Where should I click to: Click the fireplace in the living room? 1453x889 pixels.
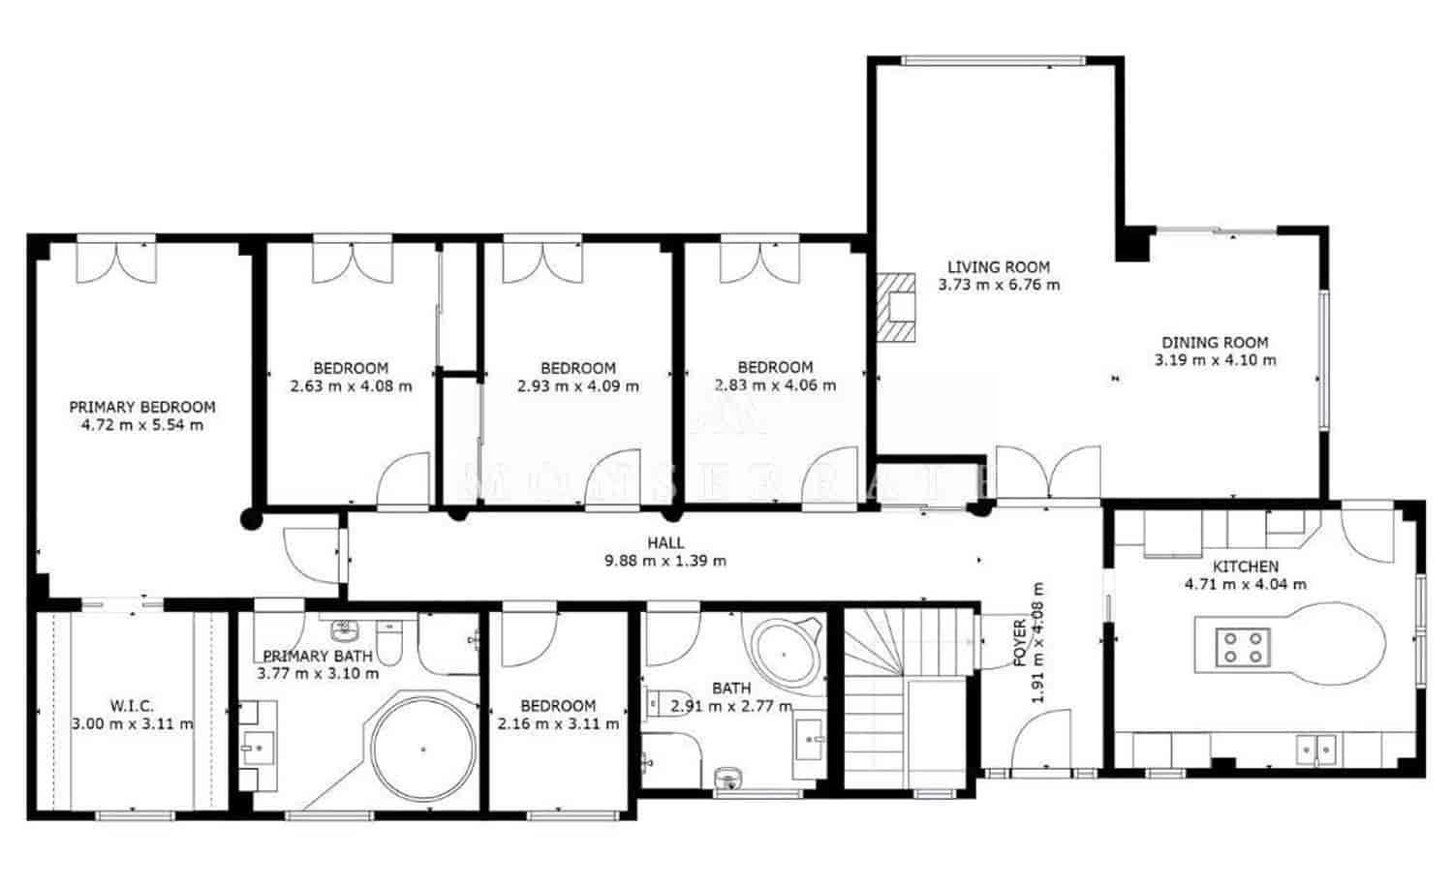coord(896,307)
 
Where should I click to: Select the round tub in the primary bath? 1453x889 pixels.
coord(423,749)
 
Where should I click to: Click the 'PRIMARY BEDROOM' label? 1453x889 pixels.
coord(142,407)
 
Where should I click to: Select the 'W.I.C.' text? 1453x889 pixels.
coord(132,706)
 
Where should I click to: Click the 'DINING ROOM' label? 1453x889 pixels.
coord(1215,342)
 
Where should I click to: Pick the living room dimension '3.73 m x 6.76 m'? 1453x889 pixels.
coord(999,285)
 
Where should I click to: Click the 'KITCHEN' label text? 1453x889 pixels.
coord(1246,567)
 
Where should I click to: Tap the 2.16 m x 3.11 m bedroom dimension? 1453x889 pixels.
coord(558,723)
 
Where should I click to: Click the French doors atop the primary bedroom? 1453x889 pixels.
coord(116,260)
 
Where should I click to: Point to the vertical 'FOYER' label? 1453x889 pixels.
coord(1019,643)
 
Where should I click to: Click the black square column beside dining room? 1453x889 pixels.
coord(1133,244)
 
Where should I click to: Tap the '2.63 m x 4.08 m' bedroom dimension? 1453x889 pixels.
coord(351,386)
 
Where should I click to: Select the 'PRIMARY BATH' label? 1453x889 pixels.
coord(318,656)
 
